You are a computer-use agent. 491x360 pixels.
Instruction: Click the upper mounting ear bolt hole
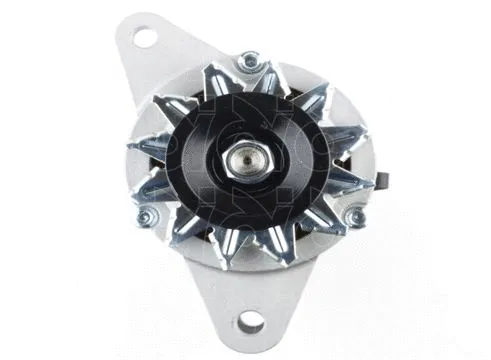[146, 39]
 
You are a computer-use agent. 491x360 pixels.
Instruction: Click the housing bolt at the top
[247, 65]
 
